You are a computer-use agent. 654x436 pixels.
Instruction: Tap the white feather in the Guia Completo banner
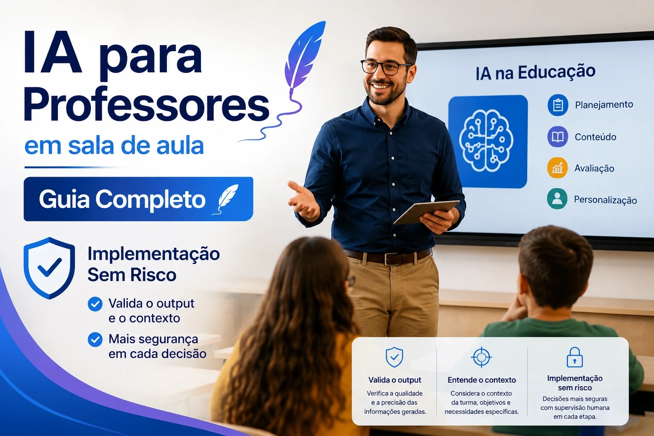pos(227,198)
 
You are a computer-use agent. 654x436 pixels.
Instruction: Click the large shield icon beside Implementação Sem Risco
pos(49,268)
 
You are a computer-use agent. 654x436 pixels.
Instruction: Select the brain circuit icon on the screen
pos(486,141)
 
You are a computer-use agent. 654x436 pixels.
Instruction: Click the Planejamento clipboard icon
pos(558,105)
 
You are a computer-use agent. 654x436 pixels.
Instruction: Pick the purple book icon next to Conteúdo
pos(558,136)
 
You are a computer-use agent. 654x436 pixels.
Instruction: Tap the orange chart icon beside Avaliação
pos(557,168)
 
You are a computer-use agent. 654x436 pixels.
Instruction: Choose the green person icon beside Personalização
pos(557,199)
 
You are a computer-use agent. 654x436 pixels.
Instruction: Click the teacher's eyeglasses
pos(385,67)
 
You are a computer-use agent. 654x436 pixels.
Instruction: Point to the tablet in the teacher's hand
pos(426,212)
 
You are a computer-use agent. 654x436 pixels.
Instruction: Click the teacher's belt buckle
pos(390,259)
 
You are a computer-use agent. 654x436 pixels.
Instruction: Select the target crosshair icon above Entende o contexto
pos(482,357)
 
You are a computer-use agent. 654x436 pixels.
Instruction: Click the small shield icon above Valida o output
pos(394,357)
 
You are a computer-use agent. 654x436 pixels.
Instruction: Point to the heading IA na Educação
pos(535,72)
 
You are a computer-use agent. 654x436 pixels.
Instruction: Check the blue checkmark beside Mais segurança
pos(95,340)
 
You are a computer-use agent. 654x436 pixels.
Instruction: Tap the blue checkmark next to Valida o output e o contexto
pos(95,304)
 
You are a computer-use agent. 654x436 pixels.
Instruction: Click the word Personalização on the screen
pos(605,200)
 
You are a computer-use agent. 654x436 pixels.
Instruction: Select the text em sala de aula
pos(114,146)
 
